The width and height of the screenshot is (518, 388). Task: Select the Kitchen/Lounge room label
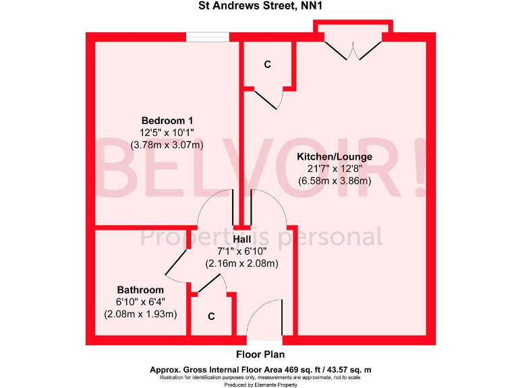click(x=335, y=157)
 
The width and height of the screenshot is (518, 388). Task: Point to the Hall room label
click(x=242, y=240)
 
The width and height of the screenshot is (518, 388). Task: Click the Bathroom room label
click(x=140, y=290)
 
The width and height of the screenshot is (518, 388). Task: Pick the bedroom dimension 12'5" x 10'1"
click(x=167, y=132)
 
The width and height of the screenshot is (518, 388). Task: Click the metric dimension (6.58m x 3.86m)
click(x=335, y=181)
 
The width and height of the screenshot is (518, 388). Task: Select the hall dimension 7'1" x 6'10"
click(x=242, y=252)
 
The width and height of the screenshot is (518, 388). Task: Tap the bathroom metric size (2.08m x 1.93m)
click(x=140, y=314)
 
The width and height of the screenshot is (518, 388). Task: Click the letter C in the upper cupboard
click(x=268, y=65)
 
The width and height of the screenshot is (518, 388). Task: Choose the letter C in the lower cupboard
click(x=211, y=316)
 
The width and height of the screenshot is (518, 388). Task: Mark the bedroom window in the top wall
click(x=207, y=38)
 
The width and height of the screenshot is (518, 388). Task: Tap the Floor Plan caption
click(x=260, y=354)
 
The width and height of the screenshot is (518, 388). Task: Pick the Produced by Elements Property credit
click(x=260, y=384)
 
